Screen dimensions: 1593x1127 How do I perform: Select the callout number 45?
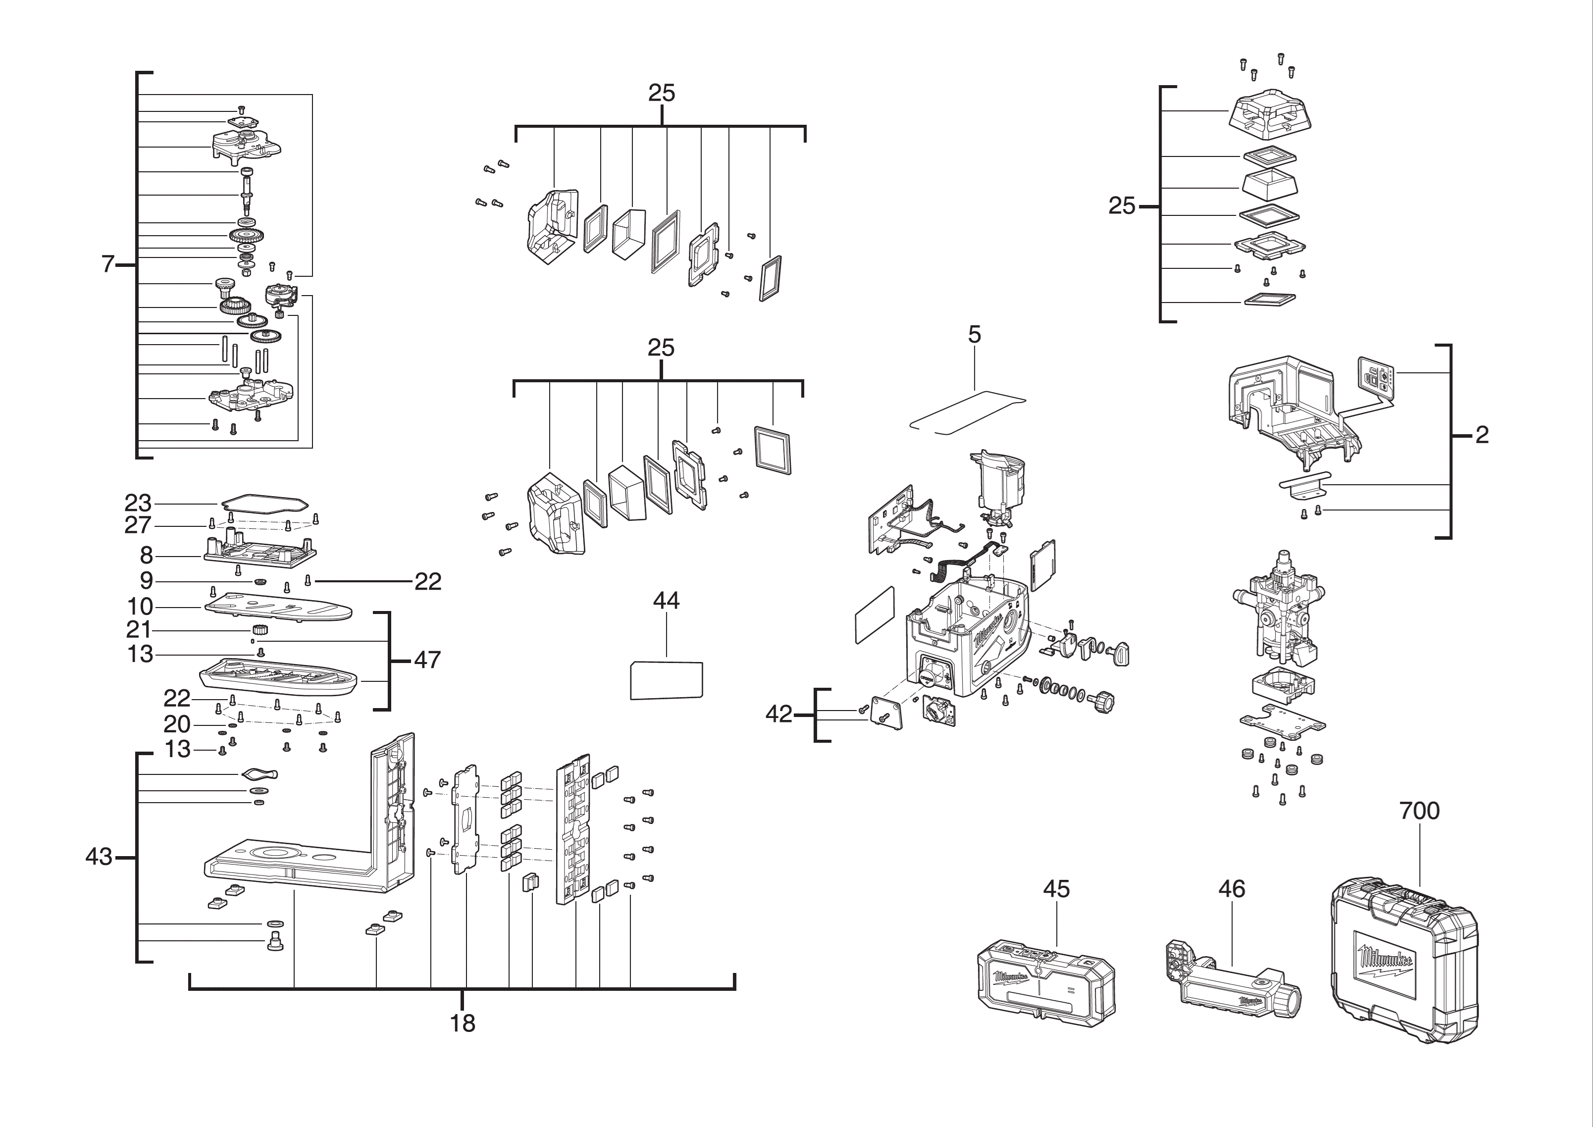[x=1057, y=889]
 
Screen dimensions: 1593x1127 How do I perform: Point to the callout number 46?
[x=1232, y=889]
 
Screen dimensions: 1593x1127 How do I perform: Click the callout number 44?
[x=666, y=601]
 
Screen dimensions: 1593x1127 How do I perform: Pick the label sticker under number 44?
[x=666, y=680]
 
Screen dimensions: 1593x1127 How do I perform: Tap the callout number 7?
[x=107, y=264]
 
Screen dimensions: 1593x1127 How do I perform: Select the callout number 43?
[x=99, y=857]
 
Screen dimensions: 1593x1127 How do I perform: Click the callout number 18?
[x=462, y=1024]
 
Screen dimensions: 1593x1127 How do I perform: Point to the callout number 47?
[x=427, y=660]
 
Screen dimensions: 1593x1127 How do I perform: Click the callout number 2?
[x=1481, y=435]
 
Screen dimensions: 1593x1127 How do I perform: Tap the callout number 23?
[x=138, y=503]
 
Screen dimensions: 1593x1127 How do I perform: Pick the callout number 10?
[x=140, y=607]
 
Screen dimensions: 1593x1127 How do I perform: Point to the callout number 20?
[x=177, y=724]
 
